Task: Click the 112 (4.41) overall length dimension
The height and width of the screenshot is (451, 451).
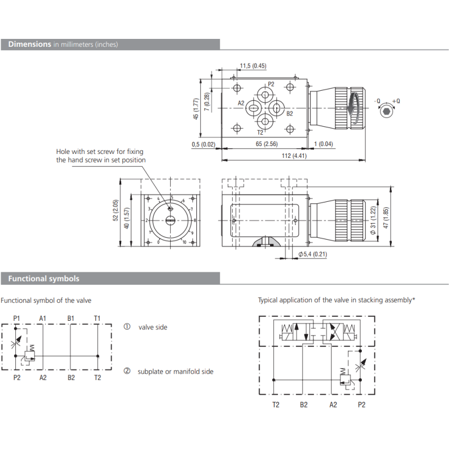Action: pyautogui.click(x=294, y=156)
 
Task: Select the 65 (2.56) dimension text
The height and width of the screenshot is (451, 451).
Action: pyautogui.click(x=267, y=144)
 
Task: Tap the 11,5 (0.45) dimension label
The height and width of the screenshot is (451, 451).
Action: pyautogui.click(x=253, y=66)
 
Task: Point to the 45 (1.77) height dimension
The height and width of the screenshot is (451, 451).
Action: pyautogui.click(x=196, y=109)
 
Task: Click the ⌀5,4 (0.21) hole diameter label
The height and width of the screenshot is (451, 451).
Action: pyautogui.click(x=313, y=254)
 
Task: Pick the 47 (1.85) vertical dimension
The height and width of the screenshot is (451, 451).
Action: pyautogui.click(x=386, y=218)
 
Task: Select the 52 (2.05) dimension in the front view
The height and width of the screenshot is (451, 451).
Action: pyautogui.click(x=116, y=210)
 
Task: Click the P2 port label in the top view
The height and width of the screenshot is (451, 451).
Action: pyautogui.click(x=271, y=84)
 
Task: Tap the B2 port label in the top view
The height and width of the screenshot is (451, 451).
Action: pyautogui.click(x=290, y=114)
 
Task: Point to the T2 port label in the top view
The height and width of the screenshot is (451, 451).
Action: pyautogui.click(x=260, y=132)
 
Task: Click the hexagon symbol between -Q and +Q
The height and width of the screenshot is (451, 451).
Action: pyautogui.click(x=386, y=112)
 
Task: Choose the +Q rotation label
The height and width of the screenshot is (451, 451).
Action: pyautogui.click(x=396, y=101)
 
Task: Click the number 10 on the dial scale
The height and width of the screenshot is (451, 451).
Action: pyautogui.click(x=184, y=242)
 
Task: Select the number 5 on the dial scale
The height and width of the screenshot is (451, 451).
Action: pyautogui.click(x=172, y=197)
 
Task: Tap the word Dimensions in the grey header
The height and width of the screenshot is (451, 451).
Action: pyautogui.click(x=30, y=44)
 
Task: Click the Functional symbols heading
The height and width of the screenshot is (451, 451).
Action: pyautogui.click(x=44, y=278)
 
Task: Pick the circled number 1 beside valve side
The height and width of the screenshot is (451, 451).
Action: pyautogui.click(x=127, y=327)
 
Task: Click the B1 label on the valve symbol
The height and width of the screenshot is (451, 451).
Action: pyautogui.click(x=71, y=319)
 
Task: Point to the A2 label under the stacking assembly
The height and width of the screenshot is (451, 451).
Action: pyautogui.click(x=333, y=405)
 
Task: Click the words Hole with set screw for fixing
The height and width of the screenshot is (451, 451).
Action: pyautogui.click(x=100, y=152)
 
